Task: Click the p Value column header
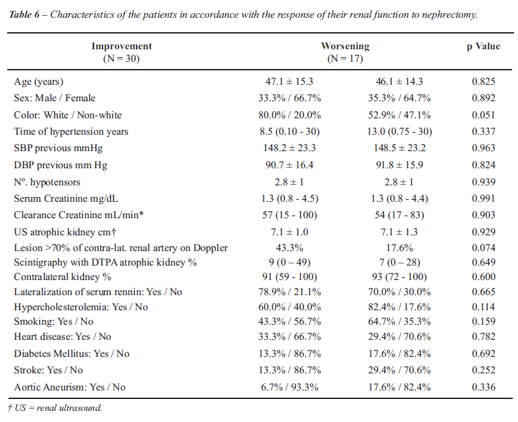click(483, 46)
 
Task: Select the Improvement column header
click(122, 52)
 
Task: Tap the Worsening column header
click(345, 52)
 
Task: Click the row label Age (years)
click(39, 82)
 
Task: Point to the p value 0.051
click(483, 115)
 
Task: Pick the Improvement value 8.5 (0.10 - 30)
click(289, 131)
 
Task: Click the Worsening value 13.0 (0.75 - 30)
click(400, 131)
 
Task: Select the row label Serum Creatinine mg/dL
click(66, 199)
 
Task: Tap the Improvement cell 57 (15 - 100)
click(289, 215)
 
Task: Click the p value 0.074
click(483, 248)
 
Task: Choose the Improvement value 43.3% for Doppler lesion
click(289, 248)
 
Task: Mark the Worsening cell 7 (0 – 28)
click(400, 262)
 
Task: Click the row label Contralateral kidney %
click(62, 277)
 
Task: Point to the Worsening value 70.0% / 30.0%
click(400, 292)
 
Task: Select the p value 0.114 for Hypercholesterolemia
click(483, 307)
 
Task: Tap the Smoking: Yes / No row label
click(53, 321)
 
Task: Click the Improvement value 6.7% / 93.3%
click(289, 387)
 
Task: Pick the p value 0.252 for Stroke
click(483, 370)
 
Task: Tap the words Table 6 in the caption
click(24, 15)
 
